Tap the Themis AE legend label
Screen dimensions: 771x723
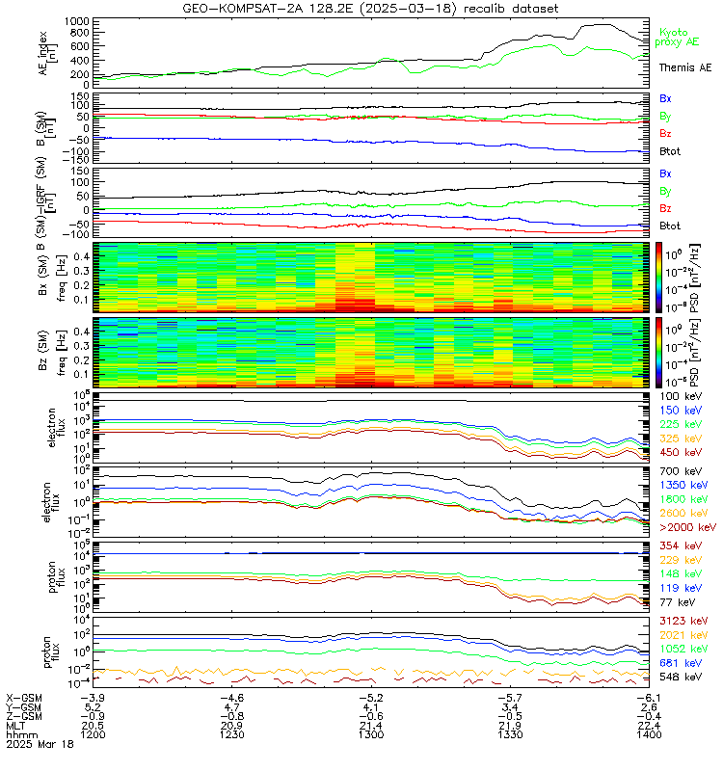pos(684,67)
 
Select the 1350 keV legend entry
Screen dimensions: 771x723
pos(686,485)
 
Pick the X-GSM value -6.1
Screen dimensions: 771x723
pos(640,697)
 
